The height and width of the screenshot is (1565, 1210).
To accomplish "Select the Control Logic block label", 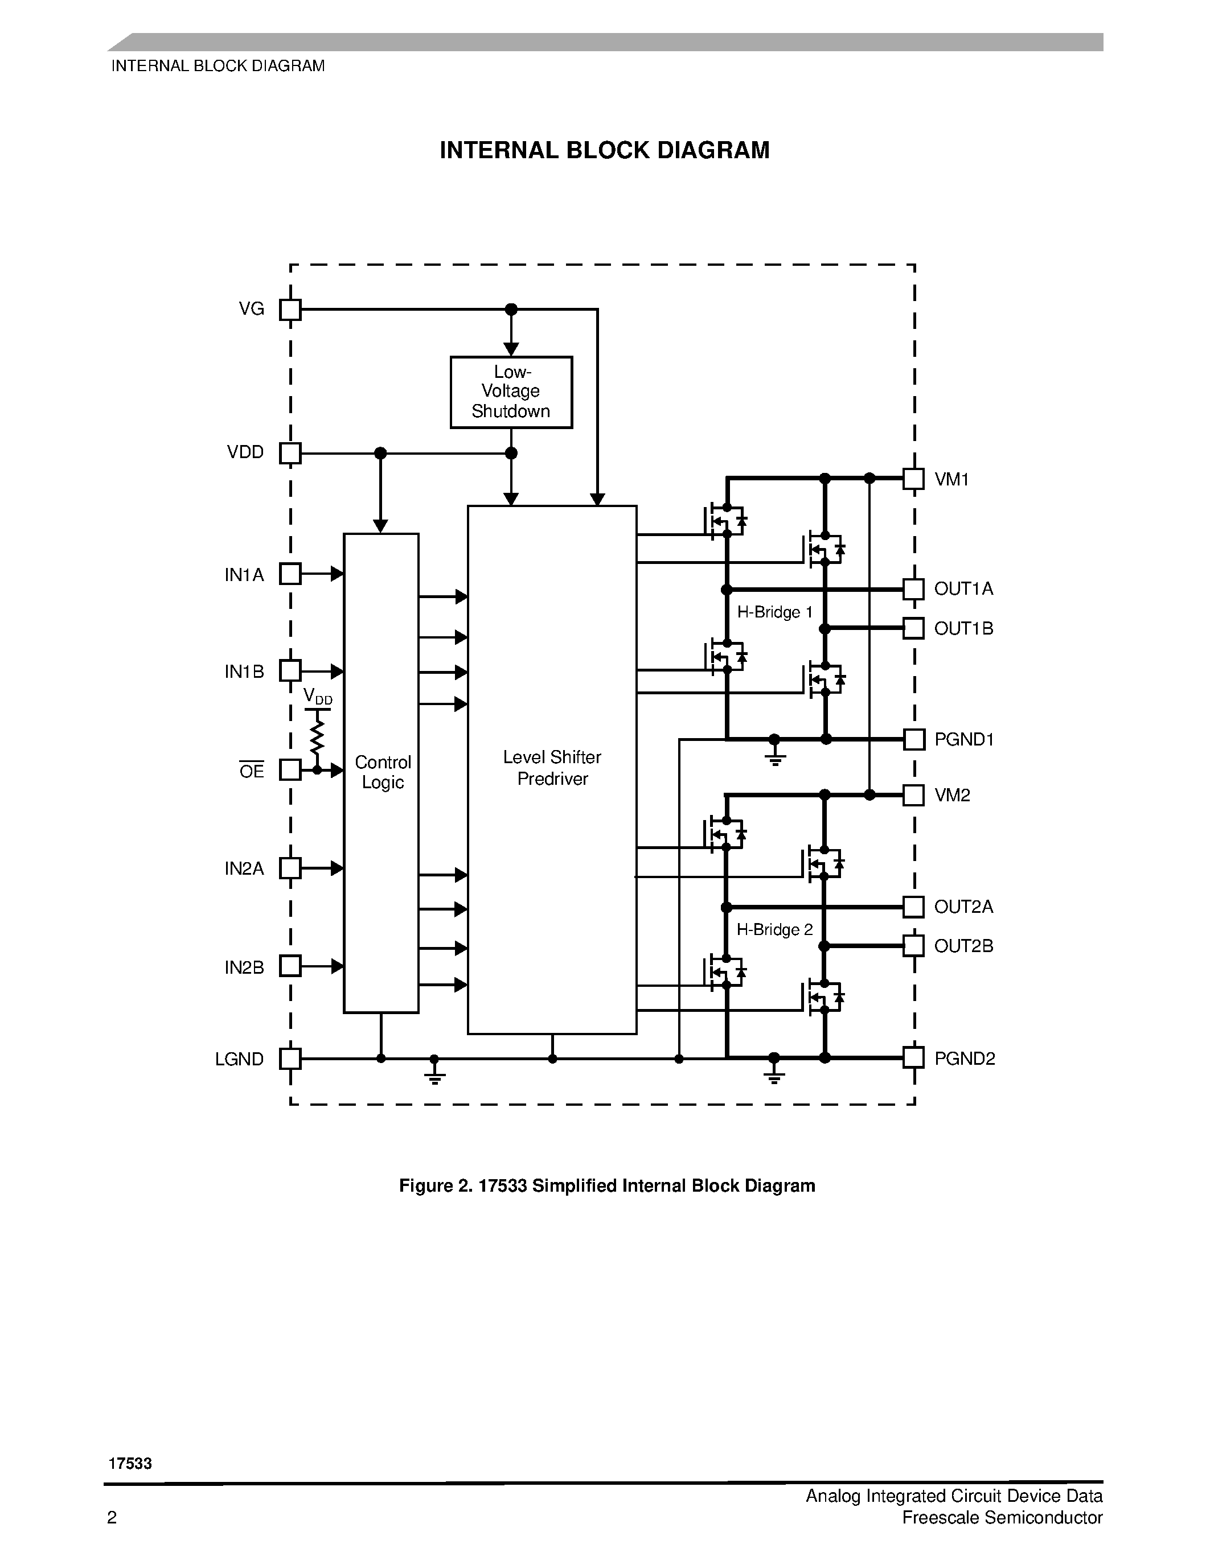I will click(382, 772).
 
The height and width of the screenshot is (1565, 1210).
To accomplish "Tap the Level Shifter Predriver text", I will click(552, 768).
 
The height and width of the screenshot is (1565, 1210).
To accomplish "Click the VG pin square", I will click(290, 310).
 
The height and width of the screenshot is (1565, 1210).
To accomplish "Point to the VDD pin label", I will click(245, 452).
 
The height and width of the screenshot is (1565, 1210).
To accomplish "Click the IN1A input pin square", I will click(290, 574).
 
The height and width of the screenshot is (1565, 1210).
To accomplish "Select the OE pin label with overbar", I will click(252, 771).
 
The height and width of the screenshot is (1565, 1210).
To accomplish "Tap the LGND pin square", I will click(290, 1059).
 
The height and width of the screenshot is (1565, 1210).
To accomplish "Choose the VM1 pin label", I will click(951, 479).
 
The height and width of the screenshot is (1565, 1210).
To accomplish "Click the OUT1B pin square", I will click(913, 628).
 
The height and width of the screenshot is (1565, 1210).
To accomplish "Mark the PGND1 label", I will click(963, 739).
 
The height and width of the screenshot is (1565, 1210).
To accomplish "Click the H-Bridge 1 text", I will click(774, 612).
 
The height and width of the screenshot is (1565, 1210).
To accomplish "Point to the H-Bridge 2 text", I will click(774, 929).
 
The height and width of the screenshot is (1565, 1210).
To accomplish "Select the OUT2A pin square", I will click(913, 907).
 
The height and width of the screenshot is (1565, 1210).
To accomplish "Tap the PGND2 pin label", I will click(964, 1059).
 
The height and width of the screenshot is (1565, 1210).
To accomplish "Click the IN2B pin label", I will click(244, 967).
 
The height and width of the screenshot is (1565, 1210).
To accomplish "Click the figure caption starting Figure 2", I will click(606, 1186).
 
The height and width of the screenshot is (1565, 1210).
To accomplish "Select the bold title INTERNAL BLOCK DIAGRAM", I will click(604, 150).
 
